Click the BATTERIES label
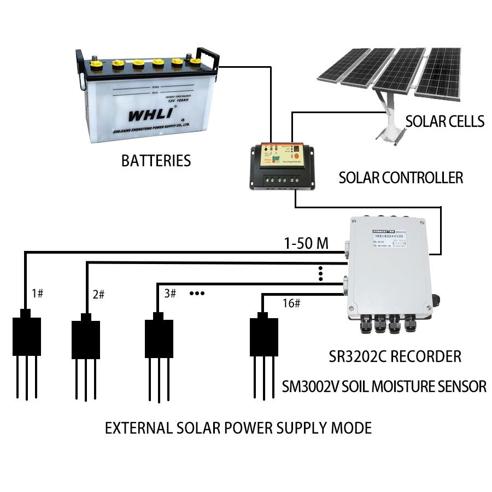[x=156, y=161]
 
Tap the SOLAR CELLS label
[x=444, y=121]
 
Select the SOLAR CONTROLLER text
[x=401, y=178]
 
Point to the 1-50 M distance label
[x=306, y=243]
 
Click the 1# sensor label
[x=37, y=294]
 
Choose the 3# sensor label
[x=170, y=294]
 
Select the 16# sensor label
[x=291, y=302]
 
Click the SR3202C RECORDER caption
[x=395, y=357]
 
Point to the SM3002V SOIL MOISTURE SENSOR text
[x=384, y=386]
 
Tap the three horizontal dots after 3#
[x=197, y=294]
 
